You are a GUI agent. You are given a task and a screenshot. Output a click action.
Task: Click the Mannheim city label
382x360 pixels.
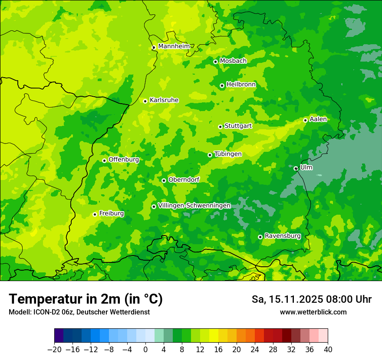point(174,46)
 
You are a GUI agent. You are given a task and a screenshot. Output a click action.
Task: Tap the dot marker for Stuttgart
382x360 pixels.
point(220,127)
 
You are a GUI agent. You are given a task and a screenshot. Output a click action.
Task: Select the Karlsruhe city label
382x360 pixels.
point(164,100)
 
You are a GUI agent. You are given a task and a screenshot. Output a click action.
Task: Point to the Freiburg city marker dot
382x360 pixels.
point(95,214)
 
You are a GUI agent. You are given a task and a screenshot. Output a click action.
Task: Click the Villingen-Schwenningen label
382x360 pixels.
point(194,206)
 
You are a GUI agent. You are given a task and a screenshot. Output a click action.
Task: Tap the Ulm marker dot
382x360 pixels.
point(296,168)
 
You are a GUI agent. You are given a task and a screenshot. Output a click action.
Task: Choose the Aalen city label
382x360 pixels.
point(318,119)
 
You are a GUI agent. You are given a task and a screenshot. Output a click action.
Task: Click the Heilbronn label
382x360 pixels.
point(241,85)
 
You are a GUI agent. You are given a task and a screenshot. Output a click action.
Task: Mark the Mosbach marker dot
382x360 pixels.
point(215,62)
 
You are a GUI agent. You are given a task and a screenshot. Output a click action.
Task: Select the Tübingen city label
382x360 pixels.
point(228,154)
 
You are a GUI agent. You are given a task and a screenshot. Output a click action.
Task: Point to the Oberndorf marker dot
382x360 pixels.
point(164,180)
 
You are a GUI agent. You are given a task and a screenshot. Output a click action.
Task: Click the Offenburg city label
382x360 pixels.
point(124,160)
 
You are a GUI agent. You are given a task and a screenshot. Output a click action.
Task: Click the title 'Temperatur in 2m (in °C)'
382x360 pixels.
point(86,299)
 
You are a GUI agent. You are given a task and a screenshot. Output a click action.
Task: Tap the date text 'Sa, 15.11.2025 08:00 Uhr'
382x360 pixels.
point(311,299)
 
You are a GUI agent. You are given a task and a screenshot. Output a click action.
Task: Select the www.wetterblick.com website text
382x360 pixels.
point(313,312)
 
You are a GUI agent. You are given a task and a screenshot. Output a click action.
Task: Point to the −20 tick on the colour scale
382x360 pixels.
point(54,349)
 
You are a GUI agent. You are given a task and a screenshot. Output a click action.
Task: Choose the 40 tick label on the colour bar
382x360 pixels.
point(328,349)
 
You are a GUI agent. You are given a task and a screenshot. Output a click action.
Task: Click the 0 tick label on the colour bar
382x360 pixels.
point(145,349)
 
